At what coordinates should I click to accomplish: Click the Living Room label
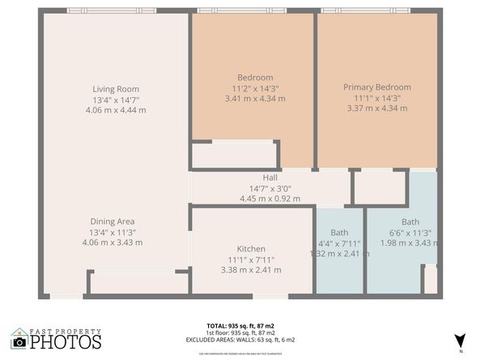click(116, 89)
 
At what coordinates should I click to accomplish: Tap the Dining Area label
click(113, 221)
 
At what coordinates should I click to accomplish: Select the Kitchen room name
click(251, 248)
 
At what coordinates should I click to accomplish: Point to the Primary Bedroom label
click(377, 87)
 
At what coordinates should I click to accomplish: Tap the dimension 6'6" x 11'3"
click(411, 232)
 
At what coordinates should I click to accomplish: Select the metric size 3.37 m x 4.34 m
click(377, 108)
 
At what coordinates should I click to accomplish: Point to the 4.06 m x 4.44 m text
click(116, 110)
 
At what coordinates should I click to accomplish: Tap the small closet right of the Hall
click(380, 188)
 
